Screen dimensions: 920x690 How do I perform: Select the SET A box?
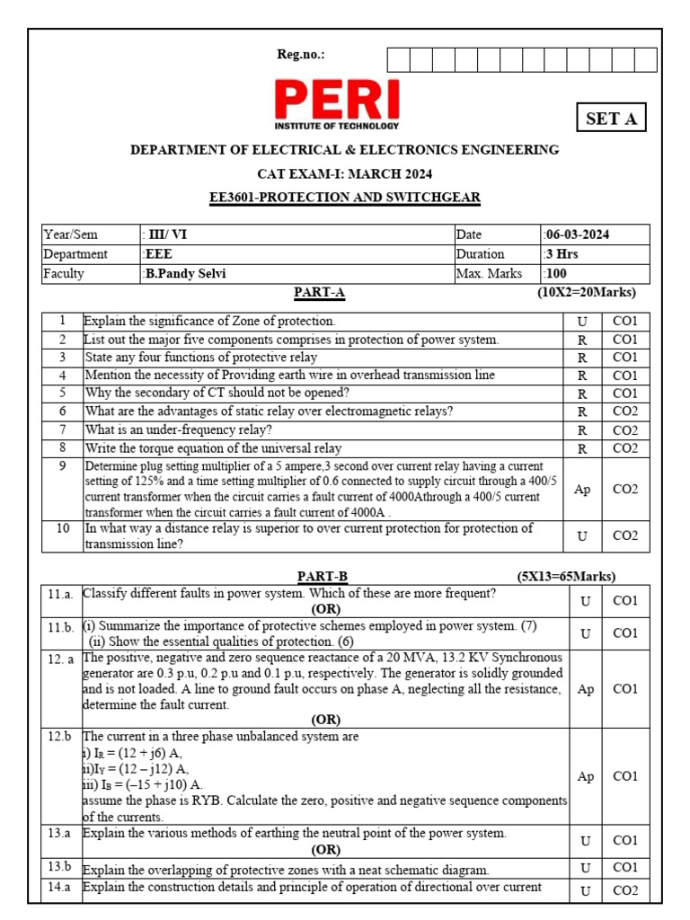click(611, 119)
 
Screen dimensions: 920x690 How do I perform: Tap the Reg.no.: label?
click(301, 56)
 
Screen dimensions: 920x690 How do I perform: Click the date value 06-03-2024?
click(577, 234)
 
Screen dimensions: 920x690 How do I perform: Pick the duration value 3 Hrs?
click(562, 254)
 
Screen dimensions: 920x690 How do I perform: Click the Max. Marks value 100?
click(556, 274)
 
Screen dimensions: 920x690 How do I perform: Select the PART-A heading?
click(319, 293)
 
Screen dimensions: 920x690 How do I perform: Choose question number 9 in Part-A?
click(63, 466)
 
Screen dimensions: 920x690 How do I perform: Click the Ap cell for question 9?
click(583, 490)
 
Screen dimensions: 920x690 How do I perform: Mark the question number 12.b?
click(60, 737)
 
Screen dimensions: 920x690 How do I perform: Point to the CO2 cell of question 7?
click(624, 430)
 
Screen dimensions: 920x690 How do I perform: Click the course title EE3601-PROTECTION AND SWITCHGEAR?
click(344, 198)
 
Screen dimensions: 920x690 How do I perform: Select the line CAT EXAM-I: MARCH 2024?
click(345, 173)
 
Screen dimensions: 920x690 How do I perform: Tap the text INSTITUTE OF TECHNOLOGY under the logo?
click(337, 127)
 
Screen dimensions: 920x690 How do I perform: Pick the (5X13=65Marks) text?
click(566, 577)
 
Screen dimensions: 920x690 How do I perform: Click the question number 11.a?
click(61, 594)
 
